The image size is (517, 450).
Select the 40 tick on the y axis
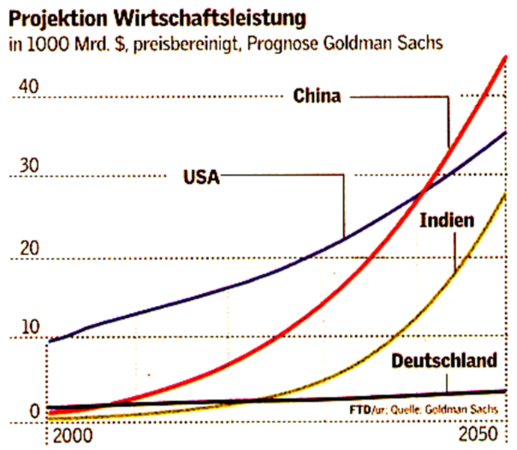(x=28, y=87)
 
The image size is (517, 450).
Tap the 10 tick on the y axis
(x=28, y=327)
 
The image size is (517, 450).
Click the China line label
(x=317, y=96)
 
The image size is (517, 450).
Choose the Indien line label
(x=447, y=220)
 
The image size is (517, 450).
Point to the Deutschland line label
(x=444, y=361)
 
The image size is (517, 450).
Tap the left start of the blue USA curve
(x=49, y=341)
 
